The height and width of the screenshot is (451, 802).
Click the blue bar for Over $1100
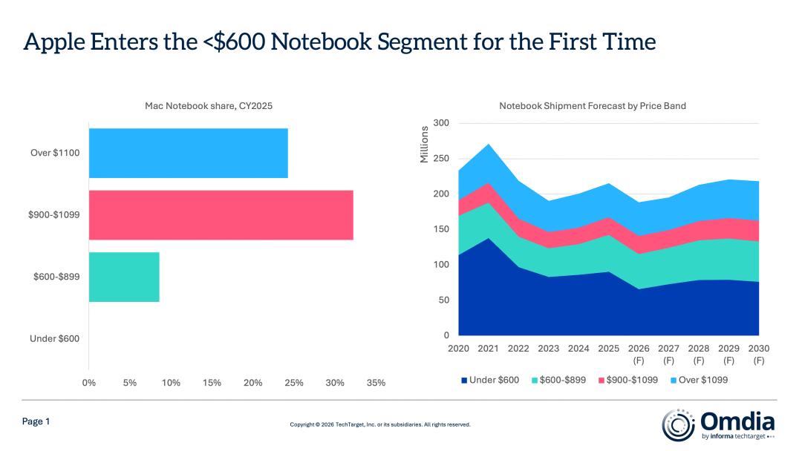click(188, 153)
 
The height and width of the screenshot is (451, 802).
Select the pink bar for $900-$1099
click(221, 215)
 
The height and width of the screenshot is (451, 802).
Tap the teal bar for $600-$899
click(124, 277)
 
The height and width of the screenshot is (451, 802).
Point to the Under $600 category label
click(54, 338)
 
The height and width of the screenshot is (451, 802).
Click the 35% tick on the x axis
click(376, 383)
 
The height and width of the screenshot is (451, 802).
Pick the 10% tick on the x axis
click(171, 383)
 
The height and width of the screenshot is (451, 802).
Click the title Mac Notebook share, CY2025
click(209, 106)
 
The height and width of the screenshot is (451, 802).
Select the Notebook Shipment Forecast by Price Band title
click(592, 106)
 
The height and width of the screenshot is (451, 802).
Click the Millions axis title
click(425, 145)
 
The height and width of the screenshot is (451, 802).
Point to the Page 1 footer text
click(36, 421)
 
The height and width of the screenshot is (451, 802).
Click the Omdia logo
click(718, 424)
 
